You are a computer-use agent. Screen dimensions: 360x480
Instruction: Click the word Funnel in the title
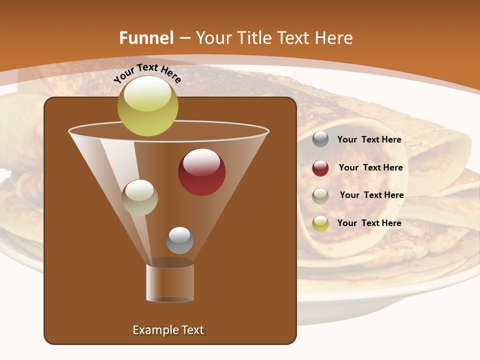point(146,38)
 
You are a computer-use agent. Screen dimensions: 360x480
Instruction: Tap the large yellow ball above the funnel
point(148,106)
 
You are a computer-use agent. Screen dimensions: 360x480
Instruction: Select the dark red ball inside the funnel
point(201,172)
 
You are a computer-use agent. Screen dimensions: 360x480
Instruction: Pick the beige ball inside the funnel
point(139,197)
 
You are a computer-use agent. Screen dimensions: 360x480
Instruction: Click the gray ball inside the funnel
point(179,240)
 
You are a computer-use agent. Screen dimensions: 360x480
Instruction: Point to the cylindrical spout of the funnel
point(170,282)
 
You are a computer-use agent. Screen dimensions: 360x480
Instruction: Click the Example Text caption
point(168,330)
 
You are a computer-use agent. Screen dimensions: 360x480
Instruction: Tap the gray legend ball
point(320,139)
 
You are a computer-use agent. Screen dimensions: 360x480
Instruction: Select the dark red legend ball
point(320,168)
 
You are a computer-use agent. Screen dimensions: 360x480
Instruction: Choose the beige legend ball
point(320,196)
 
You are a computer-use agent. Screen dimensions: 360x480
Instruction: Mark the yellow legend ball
point(320,223)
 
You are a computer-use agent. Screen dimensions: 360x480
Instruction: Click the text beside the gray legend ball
point(369,139)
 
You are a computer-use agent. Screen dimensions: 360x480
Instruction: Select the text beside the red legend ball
point(370,167)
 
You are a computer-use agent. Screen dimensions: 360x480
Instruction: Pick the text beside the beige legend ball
point(371,195)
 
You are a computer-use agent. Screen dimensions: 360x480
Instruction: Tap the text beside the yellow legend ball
point(369,223)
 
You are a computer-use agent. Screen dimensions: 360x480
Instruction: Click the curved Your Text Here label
point(147,72)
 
